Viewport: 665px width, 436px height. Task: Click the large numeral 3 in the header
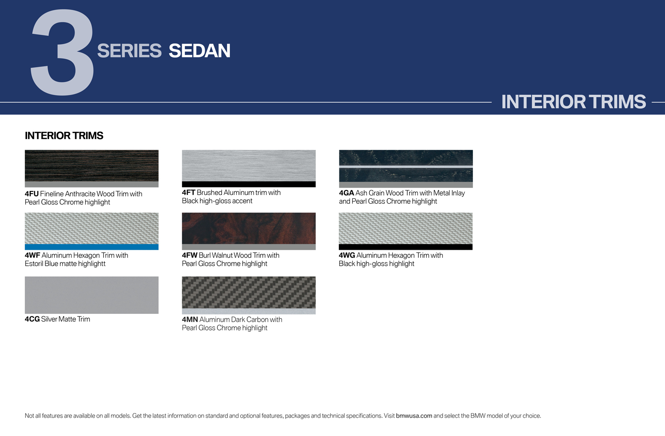(x=63, y=52)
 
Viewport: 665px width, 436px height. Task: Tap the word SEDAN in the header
(x=199, y=50)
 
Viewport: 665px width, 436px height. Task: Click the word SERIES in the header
(x=129, y=50)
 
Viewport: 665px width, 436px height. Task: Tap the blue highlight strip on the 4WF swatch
(x=91, y=247)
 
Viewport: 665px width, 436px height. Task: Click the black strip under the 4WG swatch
(x=405, y=247)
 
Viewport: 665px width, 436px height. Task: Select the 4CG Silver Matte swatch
(x=91, y=295)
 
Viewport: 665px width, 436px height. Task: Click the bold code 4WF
(x=33, y=256)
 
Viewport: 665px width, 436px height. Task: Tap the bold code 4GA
(x=346, y=193)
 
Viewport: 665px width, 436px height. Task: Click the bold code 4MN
(x=190, y=319)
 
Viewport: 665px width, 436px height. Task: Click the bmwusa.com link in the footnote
(x=414, y=416)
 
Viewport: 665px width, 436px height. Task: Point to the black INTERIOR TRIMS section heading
(x=64, y=135)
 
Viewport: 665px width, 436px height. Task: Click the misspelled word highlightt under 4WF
(x=92, y=264)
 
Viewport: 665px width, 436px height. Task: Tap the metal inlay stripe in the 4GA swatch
(x=406, y=167)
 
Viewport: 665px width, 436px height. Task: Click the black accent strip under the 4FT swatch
(x=249, y=184)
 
